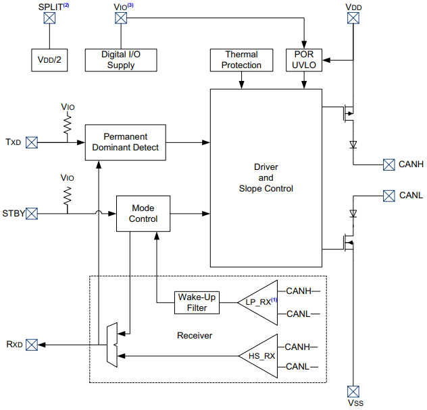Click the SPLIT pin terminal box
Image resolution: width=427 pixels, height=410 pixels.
click(x=49, y=19)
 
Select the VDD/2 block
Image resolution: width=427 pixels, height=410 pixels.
click(x=49, y=59)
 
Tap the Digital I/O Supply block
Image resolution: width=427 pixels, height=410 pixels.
click(x=120, y=59)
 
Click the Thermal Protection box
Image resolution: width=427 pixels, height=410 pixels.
click(x=241, y=59)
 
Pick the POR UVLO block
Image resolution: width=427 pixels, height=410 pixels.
click(x=304, y=59)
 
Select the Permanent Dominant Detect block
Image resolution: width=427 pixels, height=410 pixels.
click(x=125, y=142)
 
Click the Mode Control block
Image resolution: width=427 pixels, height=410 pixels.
click(x=143, y=214)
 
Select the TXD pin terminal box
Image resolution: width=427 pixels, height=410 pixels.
click(x=32, y=142)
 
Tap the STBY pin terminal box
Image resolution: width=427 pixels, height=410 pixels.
click(x=32, y=214)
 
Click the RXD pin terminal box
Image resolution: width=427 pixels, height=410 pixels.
click(x=32, y=345)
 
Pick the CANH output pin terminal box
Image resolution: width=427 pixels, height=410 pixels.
click(x=388, y=164)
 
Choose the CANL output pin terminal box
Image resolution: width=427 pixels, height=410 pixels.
click(x=388, y=196)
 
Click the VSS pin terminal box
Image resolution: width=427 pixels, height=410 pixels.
click(x=352, y=391)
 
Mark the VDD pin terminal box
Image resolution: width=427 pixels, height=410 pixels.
click(x=352, y=19)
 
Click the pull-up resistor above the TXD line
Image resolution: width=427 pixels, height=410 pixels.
click(x=68, y=124)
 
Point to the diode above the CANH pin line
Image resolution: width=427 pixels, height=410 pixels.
click(x=352, y=144)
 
